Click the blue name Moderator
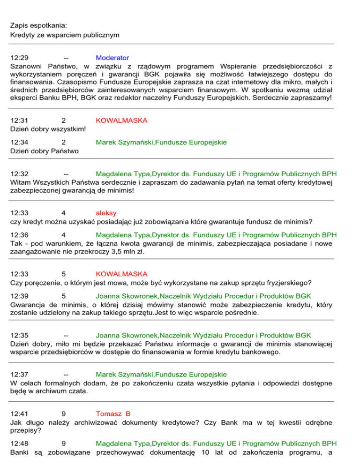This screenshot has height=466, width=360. pos(112,58)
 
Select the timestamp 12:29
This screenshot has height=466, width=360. pos(19,58)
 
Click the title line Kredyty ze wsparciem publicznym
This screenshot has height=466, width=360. pos(65,35)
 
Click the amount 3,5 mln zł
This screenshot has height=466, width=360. pos(127,251)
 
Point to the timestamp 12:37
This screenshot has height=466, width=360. pos(19,374)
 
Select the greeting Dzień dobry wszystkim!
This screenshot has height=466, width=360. pos(47,129)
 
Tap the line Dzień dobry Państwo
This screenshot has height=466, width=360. pos(45,150)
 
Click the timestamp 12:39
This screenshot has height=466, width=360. pos(19,296)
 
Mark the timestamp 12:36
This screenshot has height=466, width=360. pos(19,234)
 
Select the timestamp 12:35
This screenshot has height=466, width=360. pos(19,335)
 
